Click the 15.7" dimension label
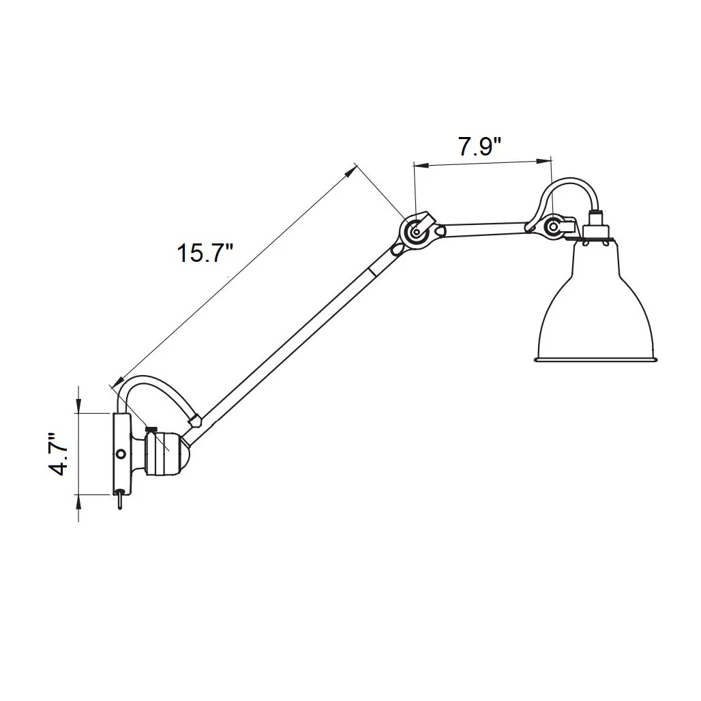point(205,253)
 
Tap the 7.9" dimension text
point(479,147)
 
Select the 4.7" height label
point(58,453)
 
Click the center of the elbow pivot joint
point(416,232)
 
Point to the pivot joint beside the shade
point(554,226)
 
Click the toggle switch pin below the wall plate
point(120,500)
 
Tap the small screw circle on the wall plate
point(120,453)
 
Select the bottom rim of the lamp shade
point(597,359)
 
